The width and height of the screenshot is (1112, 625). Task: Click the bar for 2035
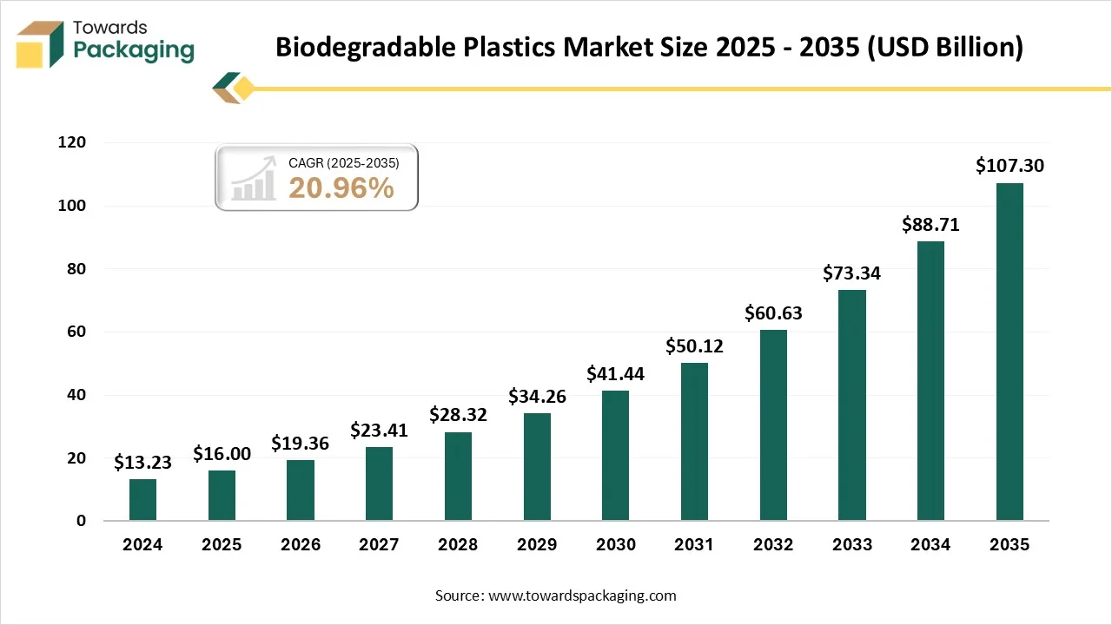1009,352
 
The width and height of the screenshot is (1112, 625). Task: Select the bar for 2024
142,500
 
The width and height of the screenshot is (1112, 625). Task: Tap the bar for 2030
615,456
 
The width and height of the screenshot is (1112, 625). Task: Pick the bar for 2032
773,425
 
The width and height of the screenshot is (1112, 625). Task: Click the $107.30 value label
1009,166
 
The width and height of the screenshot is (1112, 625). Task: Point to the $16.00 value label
222,453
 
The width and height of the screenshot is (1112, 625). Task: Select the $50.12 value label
694,346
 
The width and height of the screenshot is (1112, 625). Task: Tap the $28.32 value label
458,415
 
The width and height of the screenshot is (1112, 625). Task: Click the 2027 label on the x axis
379,545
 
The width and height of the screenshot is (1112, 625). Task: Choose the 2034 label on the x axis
930,545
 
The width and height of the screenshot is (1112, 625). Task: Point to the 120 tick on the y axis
72,142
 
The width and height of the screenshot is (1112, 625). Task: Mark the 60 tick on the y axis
77,332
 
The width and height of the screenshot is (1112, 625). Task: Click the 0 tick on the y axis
82,521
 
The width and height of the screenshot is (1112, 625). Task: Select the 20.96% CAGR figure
341,187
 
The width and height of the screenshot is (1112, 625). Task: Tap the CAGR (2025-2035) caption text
344,162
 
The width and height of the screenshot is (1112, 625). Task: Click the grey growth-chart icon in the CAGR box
253,182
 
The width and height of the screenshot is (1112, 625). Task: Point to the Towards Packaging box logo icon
41,43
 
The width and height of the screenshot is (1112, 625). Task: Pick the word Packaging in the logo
134,50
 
